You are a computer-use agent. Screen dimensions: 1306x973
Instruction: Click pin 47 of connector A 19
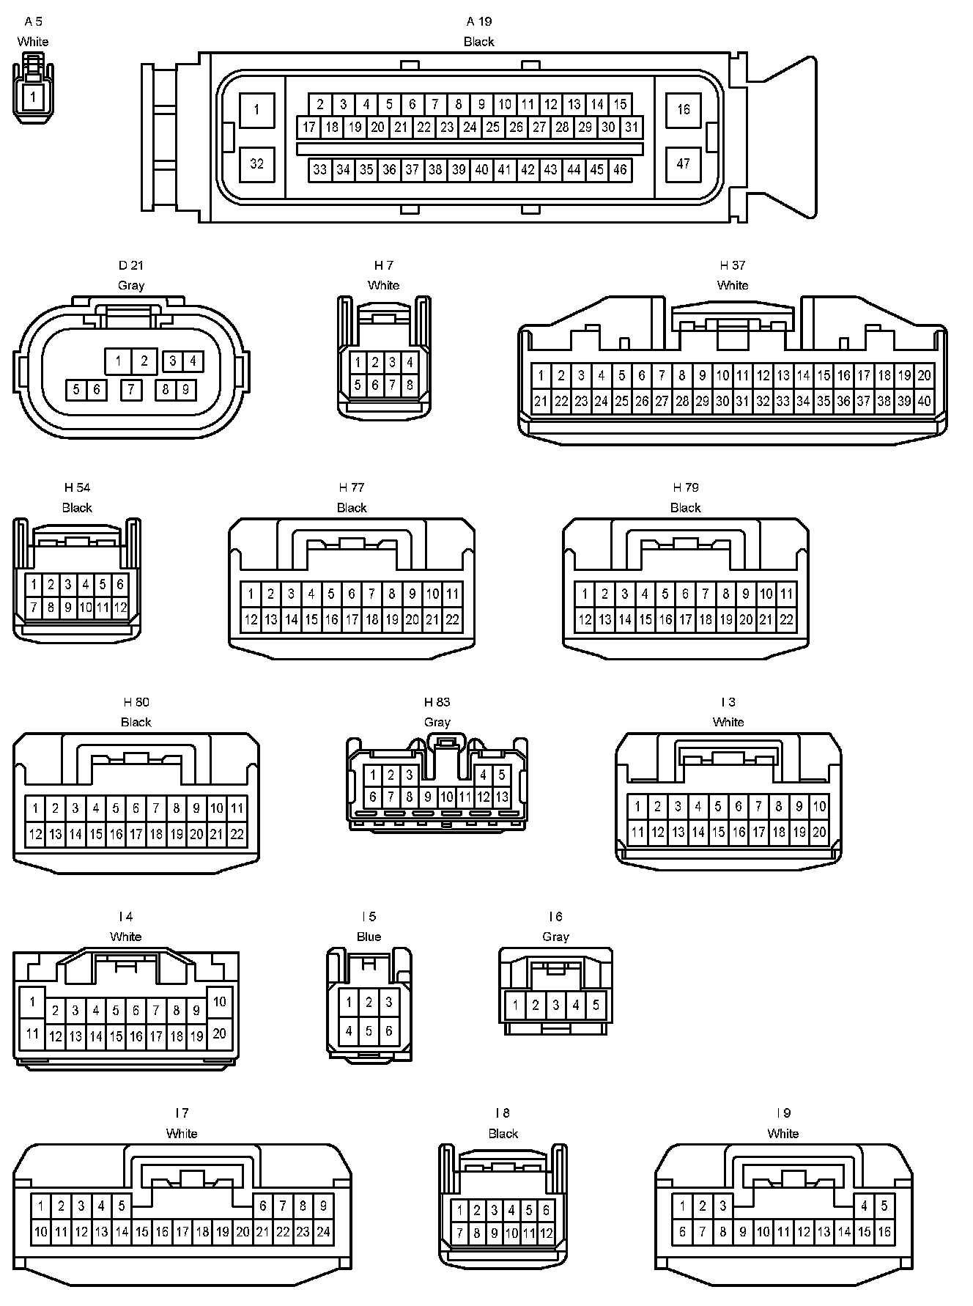pyautogui.click(x=683, y=163)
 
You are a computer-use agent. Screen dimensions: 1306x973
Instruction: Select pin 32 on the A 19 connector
pyautogui.click(x=256, y=163)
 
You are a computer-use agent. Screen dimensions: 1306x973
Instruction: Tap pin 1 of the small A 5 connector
pyautogui.click(x=32, y=97)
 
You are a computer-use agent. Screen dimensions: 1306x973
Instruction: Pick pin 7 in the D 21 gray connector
pyautogui.click(x=131, y=389)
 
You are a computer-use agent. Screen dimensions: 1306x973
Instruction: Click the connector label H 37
pyautogui.click(x=732, y=265)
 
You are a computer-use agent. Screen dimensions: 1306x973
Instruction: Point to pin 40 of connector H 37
pyautogui.click(x=924, y=401)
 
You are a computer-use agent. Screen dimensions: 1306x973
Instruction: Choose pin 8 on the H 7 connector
pyautogui.click(x=410, y=384)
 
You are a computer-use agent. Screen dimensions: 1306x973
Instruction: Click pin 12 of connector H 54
pyautogui.click(x=120, y=607)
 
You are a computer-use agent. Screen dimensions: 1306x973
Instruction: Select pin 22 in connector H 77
pyautogui.click(x=452, y=619)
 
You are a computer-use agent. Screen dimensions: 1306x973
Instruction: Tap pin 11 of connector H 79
pyautogui.click(x=786, y=594)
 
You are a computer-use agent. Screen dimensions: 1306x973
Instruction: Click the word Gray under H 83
pyautogui.click(x=437, y=722)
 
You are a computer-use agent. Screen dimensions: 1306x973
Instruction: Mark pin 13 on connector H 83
pyautogui.click(x=502, y=797)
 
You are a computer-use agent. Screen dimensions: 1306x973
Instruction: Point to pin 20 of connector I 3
pyautogui.click(x=819, y=832)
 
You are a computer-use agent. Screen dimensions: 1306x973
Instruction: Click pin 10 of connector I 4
pyautogui.click(x=219, y=1001)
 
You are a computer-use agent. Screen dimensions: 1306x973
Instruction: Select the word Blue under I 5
pyautogui.click(x=369, y=937)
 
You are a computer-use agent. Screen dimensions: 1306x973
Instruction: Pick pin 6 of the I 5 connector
pyautogui.click(x=388, y=1030)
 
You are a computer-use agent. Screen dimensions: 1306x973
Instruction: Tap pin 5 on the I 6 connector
pyautogui.click(x=596, y=1005)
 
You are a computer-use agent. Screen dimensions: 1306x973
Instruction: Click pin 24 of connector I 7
pyautogui.click(x=323, y=1232)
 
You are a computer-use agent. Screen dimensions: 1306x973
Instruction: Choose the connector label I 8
pyautogui.click(x=502, y=1113)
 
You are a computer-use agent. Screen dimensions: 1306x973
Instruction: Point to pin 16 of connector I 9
pyautogui.click(x=884, y=1232)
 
